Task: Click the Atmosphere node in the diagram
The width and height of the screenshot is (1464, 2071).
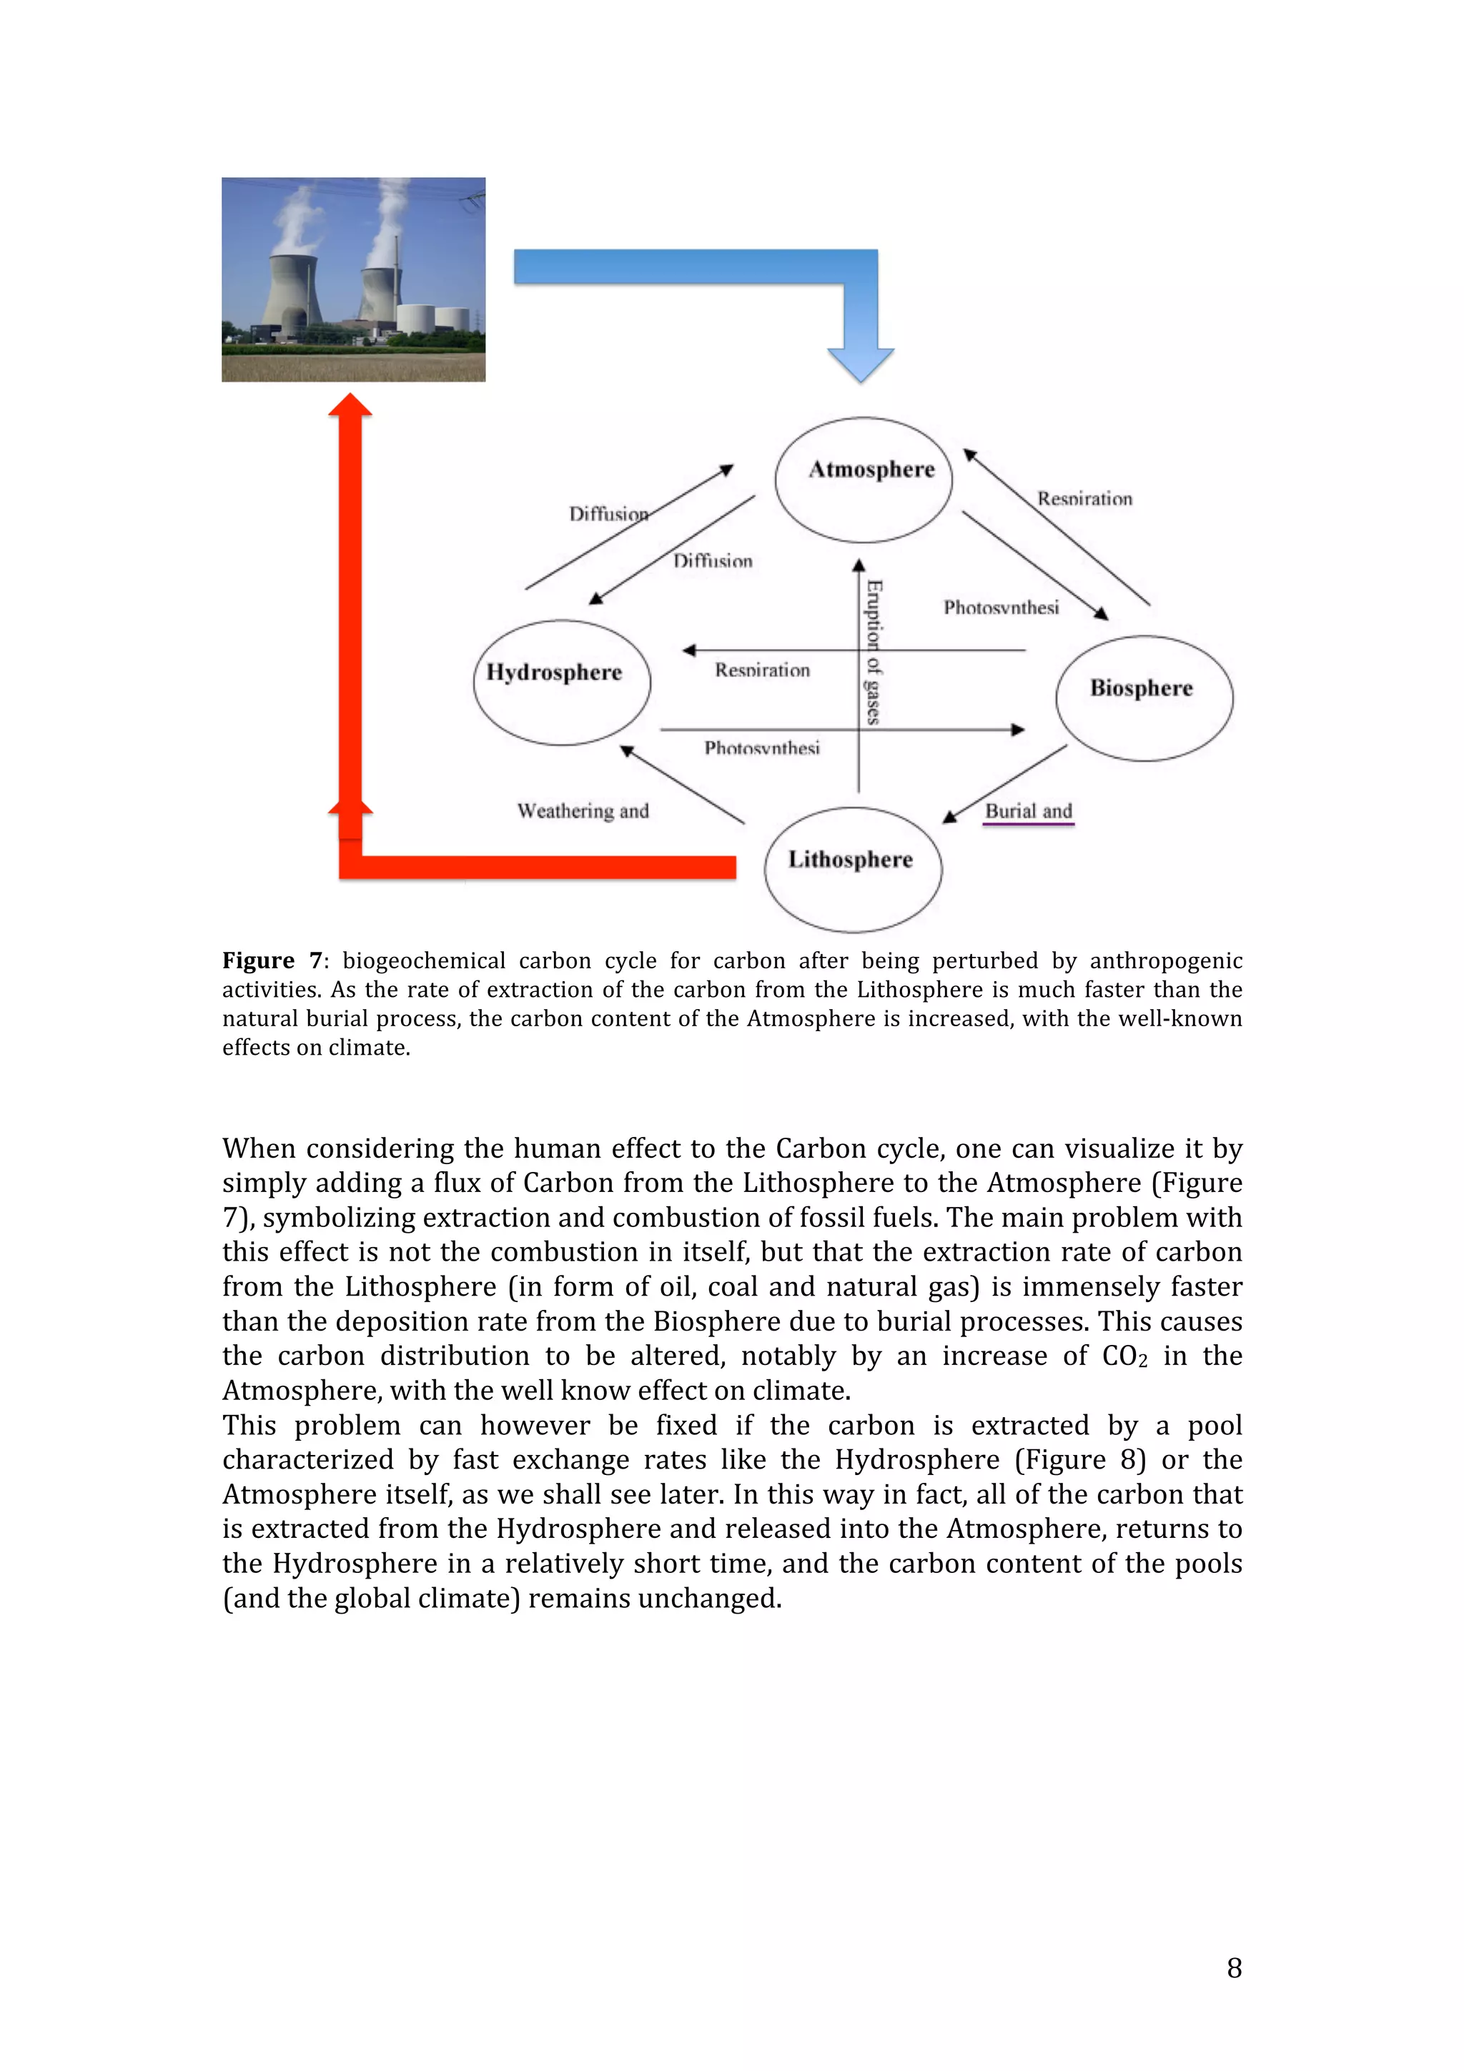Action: pyautogui.click(x=864, y=479)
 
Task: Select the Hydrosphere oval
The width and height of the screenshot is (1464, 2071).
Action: pyautogui.click(x=561, y=682)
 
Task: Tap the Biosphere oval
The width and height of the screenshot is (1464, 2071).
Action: pyautogui.click(x=1144, y=697)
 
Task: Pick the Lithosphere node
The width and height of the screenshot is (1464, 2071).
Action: pyautogui.click(x=852, y=868)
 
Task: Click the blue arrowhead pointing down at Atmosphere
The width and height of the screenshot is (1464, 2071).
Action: pyautogui.click(x=860, y=364)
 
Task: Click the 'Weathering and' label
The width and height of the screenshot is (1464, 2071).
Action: pyautogui.click(x=583, y=811)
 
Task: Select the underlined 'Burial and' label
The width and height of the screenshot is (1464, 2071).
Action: pyautogui.click(x=1029, y=811)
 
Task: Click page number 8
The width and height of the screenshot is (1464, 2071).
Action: pyautogui.click(x=1234, y=1967)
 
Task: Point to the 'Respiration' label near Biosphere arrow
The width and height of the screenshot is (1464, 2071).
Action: pyautogui.click(x=1084, y=499)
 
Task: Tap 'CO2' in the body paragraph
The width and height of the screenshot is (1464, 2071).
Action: pyautogui.click(x=1124, y=1356)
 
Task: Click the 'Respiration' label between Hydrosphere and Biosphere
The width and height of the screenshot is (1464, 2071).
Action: pyautogui.click(x=762, y=670)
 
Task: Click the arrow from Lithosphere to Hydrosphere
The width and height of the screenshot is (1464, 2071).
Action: pyautogui.click(x=682, y=784)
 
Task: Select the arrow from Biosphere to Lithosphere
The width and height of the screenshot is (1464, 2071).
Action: pyautogui.click(x=1005, y=784)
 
